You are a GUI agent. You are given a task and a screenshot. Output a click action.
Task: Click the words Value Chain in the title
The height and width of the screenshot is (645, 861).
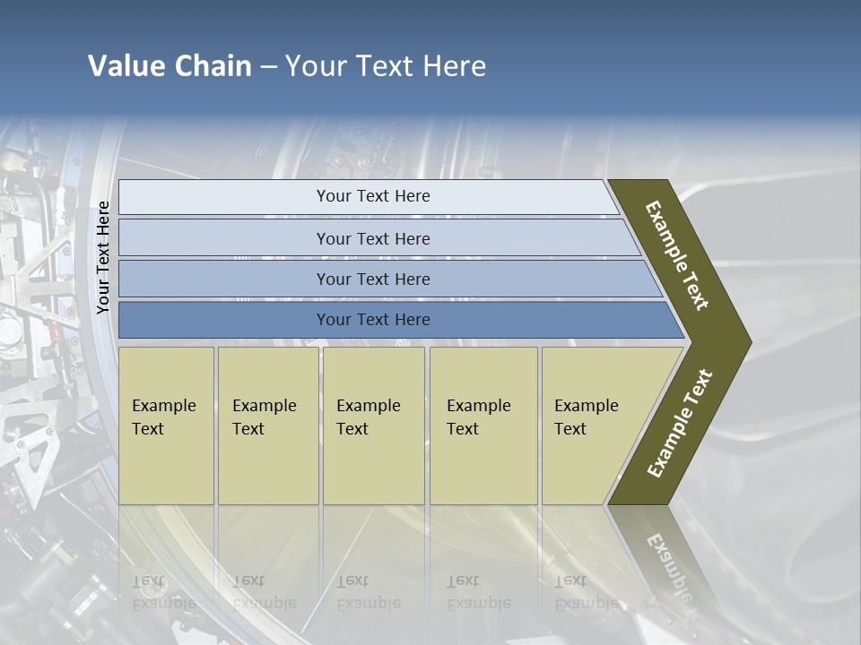(x=170, y=66)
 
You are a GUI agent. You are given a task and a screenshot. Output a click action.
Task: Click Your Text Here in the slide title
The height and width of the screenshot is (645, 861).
(x=386, y=66)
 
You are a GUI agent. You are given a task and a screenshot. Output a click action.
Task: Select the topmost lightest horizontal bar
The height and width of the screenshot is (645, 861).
(x=372, y=196)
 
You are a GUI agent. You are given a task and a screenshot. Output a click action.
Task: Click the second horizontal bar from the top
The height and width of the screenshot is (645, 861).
(x=372, y=238)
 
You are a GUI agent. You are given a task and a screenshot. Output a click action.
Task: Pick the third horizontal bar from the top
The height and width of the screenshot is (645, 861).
(x=372, y=279)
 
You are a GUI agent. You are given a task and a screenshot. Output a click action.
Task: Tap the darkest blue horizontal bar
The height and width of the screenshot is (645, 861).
(x=372, y=320)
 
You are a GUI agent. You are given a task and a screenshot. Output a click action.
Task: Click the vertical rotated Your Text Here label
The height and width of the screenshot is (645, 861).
(x=103, y=258)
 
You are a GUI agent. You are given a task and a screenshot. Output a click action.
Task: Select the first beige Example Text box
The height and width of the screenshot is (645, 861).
(x=166, y=426)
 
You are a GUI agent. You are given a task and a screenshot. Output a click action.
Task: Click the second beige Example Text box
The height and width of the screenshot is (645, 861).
(x=267, y=426)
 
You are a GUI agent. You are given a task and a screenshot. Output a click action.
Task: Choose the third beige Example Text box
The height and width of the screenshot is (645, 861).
(x=373, y=426)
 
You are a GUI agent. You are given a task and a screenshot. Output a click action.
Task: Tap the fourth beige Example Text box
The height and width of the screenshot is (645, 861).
(x=483, y=426)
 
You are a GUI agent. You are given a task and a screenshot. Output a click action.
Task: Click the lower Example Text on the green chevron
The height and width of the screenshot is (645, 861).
(x=680, y=424)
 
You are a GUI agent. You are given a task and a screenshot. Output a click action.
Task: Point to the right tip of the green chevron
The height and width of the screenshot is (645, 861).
(x=749, y=341)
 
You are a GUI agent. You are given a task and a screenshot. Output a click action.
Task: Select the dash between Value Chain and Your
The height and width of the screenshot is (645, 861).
(x=268, y=67)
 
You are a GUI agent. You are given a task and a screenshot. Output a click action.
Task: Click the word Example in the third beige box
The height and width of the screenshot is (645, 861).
(x=368, y=406)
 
